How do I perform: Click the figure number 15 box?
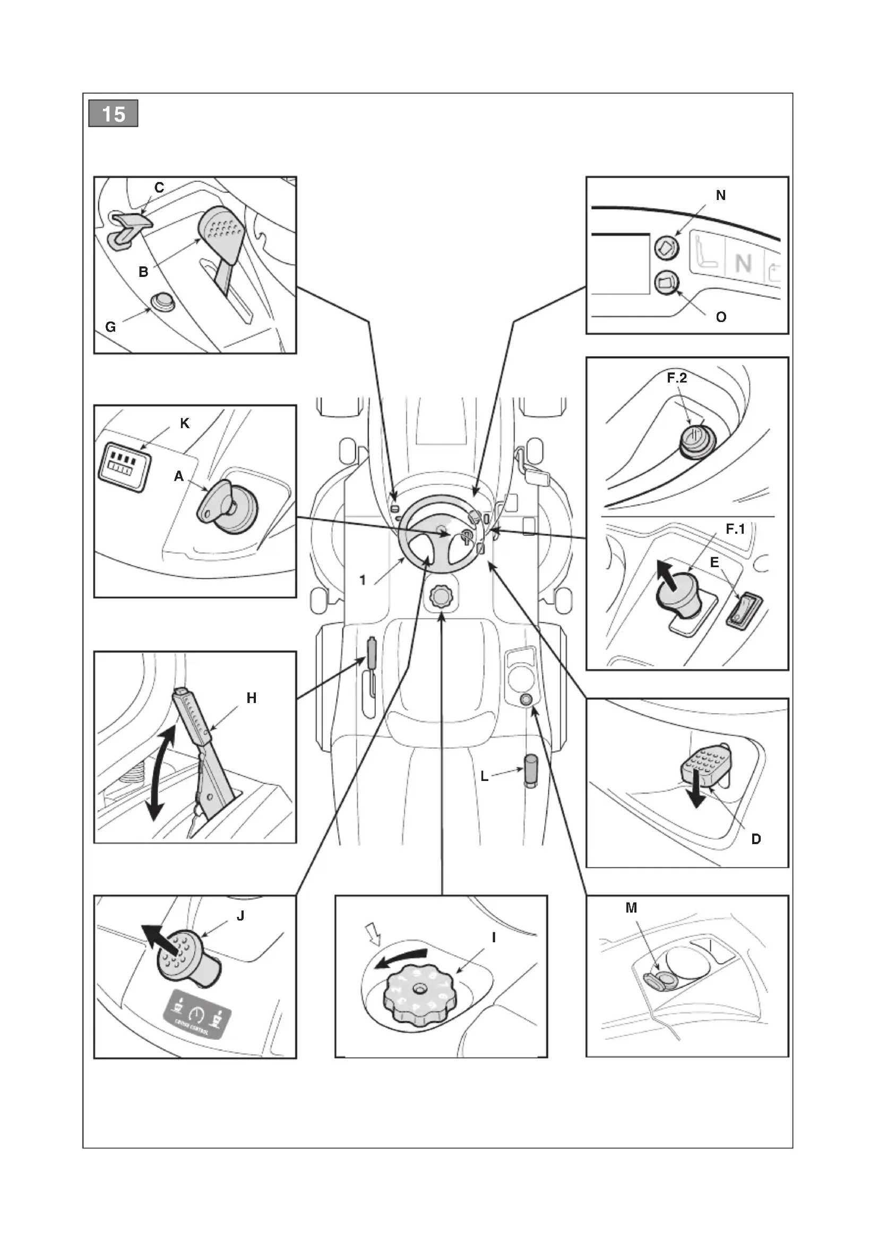point(114,114)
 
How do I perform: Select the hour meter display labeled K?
point(125,467)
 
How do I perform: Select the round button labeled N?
point(667,248)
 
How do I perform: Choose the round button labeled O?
point(667,283)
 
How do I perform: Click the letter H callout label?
point(252,698)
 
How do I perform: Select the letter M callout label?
point(631,908)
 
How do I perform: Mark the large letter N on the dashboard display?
point(743,264)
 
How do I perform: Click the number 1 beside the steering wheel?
point(363,580)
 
